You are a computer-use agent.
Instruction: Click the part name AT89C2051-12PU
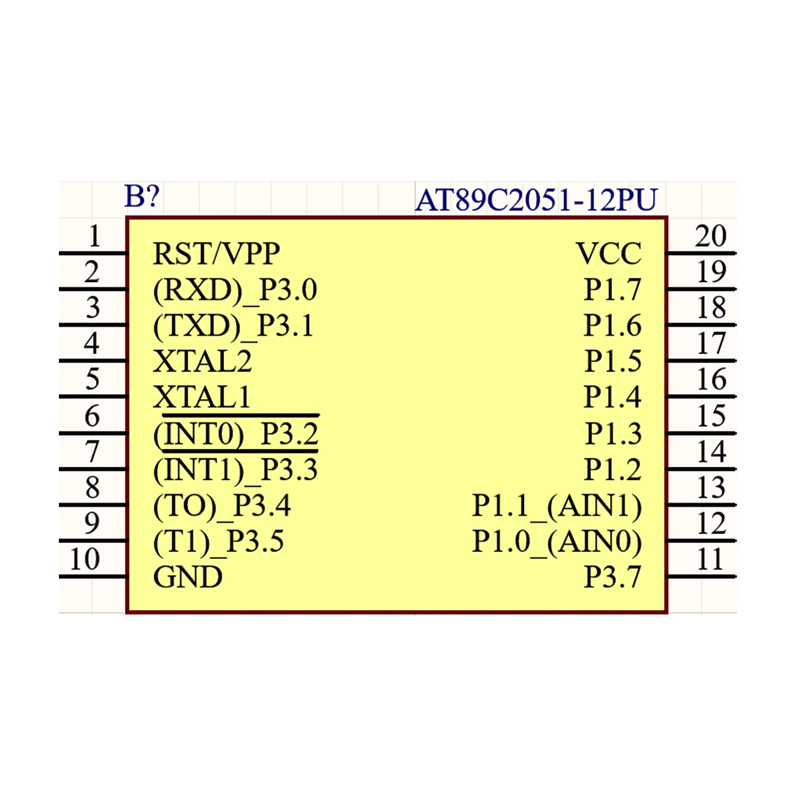[x=536, y=200]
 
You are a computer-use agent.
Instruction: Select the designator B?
[x=141, y=196]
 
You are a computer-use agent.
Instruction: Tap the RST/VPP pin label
[x=216, y=254]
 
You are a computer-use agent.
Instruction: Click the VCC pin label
[x=609, y=254]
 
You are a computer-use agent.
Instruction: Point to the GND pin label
[x=188, y=577]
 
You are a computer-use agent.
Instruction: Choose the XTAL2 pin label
[x=202, y=361]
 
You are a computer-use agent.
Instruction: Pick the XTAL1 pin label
[x=202, y=397]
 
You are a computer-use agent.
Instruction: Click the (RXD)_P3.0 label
[x=235, y=290]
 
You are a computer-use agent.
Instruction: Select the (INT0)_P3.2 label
[x=236, y=434]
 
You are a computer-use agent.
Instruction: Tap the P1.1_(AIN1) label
[x=557, y=505]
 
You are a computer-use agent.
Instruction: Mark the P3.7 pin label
[x=612, y=577]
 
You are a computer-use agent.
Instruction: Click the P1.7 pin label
[x=612, y=290]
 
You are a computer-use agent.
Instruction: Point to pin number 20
[x=711, y=236]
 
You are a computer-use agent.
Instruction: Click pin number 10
[x=85, y=559]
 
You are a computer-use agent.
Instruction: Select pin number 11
[x=710, y=559]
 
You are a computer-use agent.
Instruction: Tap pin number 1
[x=94, y=236]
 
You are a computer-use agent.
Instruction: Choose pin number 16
[x=711, y=379]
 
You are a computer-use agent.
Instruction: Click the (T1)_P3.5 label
[x=219, y=542]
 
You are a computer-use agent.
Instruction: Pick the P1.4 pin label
[x=612, y=397]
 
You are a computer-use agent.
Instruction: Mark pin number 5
[x=92, y=379]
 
